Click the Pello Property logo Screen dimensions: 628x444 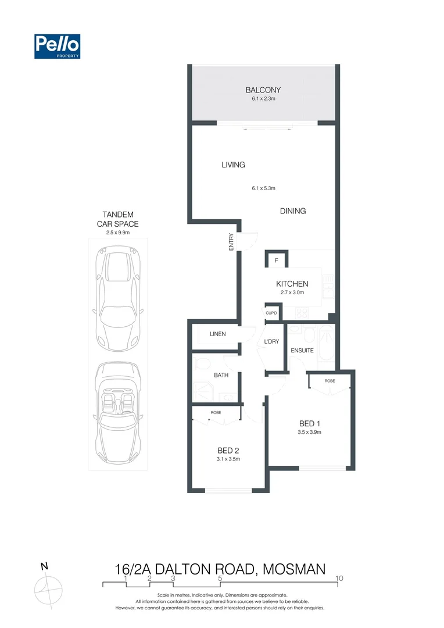click(57, 47)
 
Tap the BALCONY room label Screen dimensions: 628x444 click(263, 90)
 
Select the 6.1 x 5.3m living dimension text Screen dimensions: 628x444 click(263, 188)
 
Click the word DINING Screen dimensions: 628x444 click(293, 211)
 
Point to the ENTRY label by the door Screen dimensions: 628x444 click(231, 242)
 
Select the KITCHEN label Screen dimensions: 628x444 click(292, 284)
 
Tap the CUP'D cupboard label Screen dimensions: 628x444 click(271, 312)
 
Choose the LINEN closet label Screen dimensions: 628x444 click(217, 334)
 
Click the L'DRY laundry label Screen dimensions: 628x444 click(271, 342)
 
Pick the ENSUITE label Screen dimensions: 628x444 click(302, 351)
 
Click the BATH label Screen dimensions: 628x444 click(221, 375)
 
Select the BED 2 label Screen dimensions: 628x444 click(228, 450)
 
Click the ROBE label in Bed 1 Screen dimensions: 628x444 click(330, 380)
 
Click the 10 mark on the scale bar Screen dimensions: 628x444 click(339, 578)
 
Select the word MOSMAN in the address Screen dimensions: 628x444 click(295, 569)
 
